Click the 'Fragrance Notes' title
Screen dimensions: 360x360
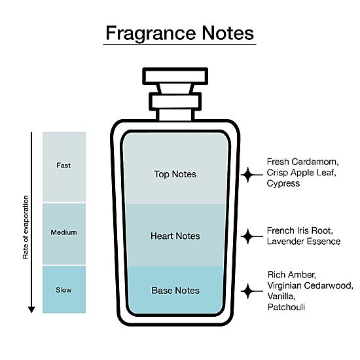(179, 33)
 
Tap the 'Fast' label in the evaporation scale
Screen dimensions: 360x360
(63, 166)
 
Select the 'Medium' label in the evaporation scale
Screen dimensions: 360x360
(64, 232)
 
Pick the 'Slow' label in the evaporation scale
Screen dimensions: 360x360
(63, 290)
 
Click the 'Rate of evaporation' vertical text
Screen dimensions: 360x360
(26, 227)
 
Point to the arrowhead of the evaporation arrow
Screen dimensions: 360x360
(31, 310)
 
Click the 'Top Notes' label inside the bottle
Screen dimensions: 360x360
(175, 174)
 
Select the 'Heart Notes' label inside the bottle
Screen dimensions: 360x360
(175, 236)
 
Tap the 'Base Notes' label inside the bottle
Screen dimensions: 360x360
(175, 291)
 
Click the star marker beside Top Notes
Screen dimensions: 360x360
(247, 175)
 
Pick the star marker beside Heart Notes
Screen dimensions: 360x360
(247, 236)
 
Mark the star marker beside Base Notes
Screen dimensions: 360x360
(247, 291)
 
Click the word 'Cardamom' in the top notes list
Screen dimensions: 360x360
(315, 162)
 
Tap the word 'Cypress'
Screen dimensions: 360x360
(283, 183)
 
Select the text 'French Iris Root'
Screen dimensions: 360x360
(300, 230)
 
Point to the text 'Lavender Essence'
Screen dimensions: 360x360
(304, 242)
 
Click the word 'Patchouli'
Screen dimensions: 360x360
(286, 307)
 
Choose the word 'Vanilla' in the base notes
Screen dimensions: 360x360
(281, 296)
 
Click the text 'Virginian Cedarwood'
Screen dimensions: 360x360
(310, 285)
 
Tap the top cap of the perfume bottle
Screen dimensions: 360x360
(175, 76)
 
